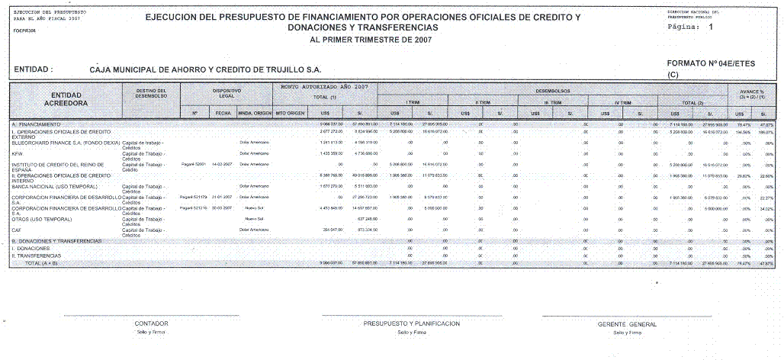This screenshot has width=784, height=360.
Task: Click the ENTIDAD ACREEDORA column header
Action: tap(66, 98)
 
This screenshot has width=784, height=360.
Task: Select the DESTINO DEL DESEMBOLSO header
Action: tap(156, 93)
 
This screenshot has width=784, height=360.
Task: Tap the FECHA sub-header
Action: tap(223, 114)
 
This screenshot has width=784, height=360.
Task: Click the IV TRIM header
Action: tap(623, 102)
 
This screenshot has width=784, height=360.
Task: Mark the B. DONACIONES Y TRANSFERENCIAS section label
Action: tap(56, 241)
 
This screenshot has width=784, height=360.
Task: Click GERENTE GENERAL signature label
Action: tap(627, 324)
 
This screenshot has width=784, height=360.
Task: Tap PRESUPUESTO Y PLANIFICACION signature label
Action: tap(412, 323)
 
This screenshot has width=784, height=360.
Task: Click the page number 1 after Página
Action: tap(711, 27)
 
